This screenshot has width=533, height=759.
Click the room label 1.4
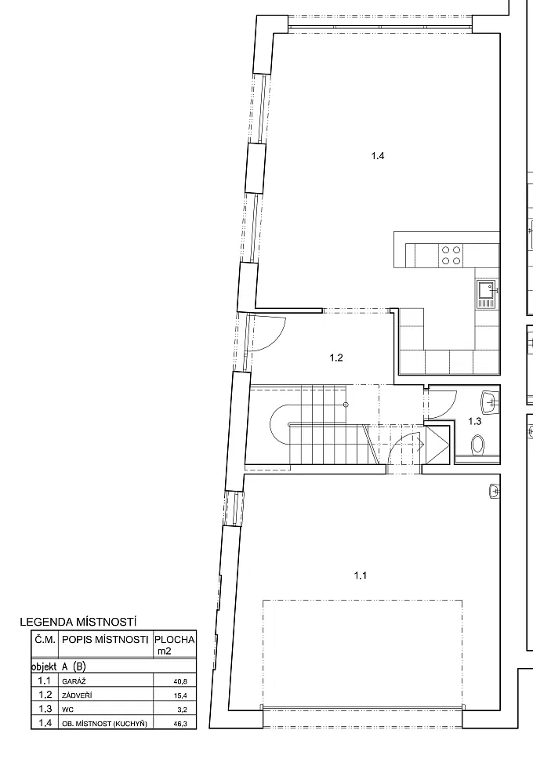(x=378, y=156)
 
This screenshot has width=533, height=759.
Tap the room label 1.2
(x=336, y=358)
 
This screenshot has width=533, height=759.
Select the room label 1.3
(x=475, y=421)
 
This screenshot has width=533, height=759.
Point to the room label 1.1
(x=361, y=575)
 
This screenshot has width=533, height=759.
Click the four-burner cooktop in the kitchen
(x=451, y=255)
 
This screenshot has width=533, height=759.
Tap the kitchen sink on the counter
(x=487, y=294)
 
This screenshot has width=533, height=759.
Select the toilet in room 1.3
(x=478, y=443)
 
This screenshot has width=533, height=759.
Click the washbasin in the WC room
(x=491, y=402)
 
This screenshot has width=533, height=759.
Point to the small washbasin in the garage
(x=495, y=492)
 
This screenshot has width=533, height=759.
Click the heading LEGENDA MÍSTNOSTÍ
(x=78, y=622)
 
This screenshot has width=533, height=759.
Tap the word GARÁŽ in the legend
(x=74, y=681)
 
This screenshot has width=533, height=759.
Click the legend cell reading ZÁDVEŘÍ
(x=78, y=695)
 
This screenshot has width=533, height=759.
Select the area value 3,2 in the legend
(x=182, y=710)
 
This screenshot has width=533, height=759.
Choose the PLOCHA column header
(x=175, y=640)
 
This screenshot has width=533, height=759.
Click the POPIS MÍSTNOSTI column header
(x=105, y=640)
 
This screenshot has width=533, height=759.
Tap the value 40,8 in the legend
(x=180, y=681)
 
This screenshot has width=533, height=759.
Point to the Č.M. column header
(x=46, y=640)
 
